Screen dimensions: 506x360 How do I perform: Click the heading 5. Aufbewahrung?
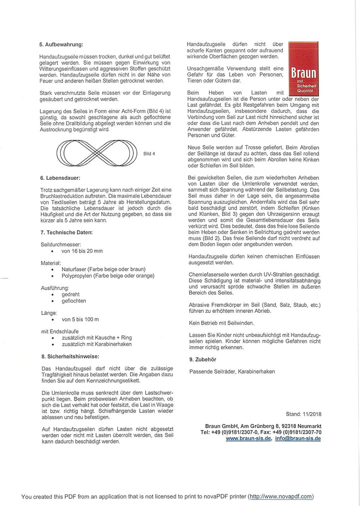pyautogui.click(x=61, y=44)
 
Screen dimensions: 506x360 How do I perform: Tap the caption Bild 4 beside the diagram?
pyautogui.click(x=149, y=154)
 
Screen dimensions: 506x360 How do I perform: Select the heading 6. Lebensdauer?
pyautogui.click(x=59, y=177)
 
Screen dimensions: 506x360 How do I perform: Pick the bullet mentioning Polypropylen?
pyautogui.click(x=107, y=275)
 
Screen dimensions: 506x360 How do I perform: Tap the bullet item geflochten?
pyautogui.click(x=73, y=301)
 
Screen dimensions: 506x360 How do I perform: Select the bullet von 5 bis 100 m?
pyautogui.click(x=80, y=319)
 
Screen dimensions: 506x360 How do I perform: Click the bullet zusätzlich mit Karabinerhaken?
pyautogui.click(x=96, y=344)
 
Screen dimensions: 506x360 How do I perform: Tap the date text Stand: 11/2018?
pyautogui.click(x=303, y=414)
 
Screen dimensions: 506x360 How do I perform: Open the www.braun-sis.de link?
pyautogui.click(x=248, y=438)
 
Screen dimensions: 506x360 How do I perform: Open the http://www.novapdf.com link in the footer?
pyautogui.click(x=281, y=496)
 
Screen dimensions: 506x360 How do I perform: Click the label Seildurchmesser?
pyautogui.click(x=59, y=244)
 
